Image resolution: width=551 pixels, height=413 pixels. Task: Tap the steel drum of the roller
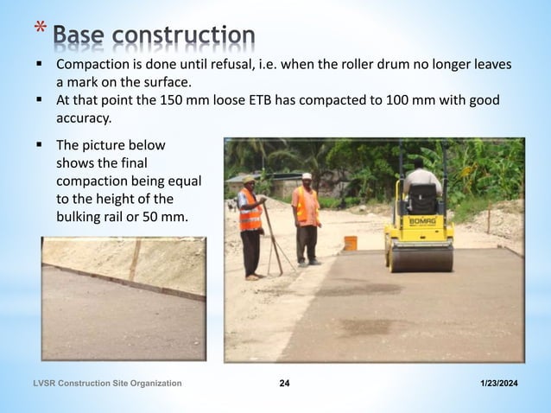(421, 257)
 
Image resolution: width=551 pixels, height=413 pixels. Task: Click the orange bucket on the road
(351, 243)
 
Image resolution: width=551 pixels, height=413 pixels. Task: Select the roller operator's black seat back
(421, 198)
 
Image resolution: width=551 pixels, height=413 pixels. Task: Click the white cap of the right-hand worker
(307, 176)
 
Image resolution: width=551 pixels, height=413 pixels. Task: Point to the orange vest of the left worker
(250, 211)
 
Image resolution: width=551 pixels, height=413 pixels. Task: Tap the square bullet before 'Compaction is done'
(40, 66)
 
